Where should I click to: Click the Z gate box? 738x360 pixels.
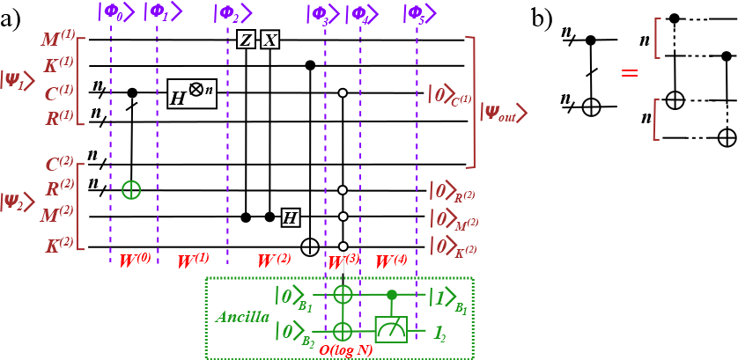tap(246, 40)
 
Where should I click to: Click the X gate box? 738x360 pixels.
tap(269, 40)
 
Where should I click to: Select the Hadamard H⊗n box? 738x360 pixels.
tap(191, 94)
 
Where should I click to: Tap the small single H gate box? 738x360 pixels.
tap(290, 217)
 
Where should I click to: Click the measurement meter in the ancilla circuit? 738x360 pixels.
tap(391, 329)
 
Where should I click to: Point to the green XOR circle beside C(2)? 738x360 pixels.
tap(131, 189)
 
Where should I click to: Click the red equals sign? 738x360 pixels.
tap(629, 73)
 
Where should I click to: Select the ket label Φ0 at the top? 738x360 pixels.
tap(115, 12)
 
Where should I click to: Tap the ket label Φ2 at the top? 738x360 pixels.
tap(232, 13)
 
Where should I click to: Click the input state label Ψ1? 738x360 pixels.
tap(17, 79)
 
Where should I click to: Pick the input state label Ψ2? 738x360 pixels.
tap(17, 201)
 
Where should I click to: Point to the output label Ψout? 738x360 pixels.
tap(503, 113)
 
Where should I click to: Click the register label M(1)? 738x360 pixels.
tap(58, 40)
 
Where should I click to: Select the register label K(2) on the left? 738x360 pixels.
tap(59, 246)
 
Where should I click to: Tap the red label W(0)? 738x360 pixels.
tap(135, 261)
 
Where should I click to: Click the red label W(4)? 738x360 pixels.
tap(391, 261)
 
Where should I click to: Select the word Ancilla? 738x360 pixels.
tap(242, 317)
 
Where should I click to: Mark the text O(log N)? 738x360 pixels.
tap(346, 349)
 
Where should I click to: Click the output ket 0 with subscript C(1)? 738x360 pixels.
tap(449, 94)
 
